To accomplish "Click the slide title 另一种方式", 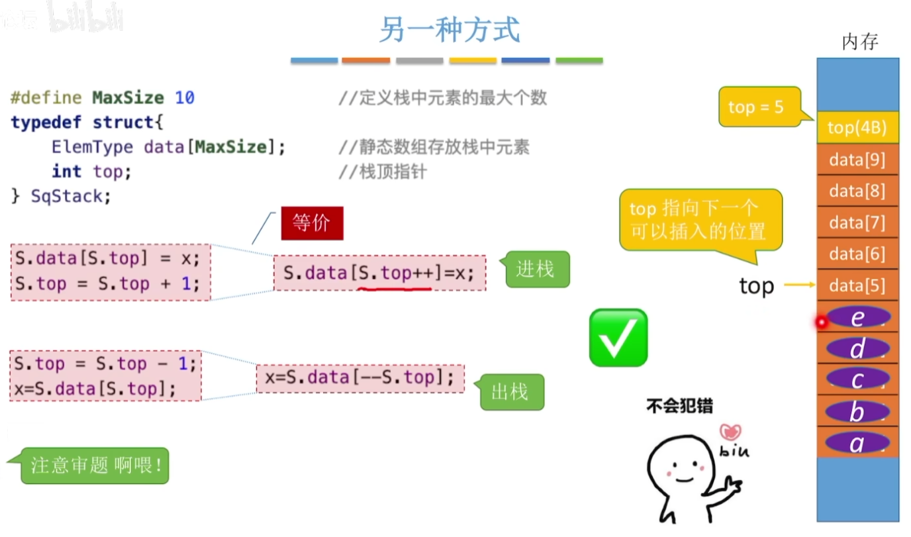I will (450, 30).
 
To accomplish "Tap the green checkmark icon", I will (618, 338).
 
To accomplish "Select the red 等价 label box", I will (312, 223).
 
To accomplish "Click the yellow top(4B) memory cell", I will (857, 127).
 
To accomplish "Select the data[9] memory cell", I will (857, 159).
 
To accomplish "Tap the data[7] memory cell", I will (857, 222).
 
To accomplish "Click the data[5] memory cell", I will (857, 286).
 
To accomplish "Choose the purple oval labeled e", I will (858, 318).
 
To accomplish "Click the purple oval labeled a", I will (857, 443).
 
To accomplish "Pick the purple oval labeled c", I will (857, 380).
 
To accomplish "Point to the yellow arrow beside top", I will (800, 285).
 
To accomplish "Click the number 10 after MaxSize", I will (185, 98).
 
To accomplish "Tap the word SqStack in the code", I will (67, 196).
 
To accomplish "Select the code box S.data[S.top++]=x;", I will (379, 273).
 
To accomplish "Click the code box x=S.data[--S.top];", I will (360, 378).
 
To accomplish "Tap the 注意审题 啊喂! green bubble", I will (95, 466).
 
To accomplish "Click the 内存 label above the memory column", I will (859, 42).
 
